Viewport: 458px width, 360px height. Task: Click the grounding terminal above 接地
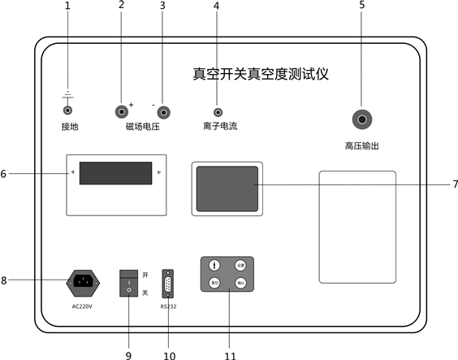[x=67, y=109]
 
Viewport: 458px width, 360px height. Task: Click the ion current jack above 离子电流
[x=217, y=111]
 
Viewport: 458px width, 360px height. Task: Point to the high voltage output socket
[x=361, y=120]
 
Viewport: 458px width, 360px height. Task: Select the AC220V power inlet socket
[x=82, y=282]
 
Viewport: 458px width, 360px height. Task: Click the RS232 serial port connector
[x=167, y=284]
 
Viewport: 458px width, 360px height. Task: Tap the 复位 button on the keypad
[x=214, y=284]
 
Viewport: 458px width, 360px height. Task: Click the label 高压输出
[x=361, y=147]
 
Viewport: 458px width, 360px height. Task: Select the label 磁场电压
[x=142, y=128]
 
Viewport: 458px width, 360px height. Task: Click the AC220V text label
[x=83, y=307]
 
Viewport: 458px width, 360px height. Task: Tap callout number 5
[x=361, y=7]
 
